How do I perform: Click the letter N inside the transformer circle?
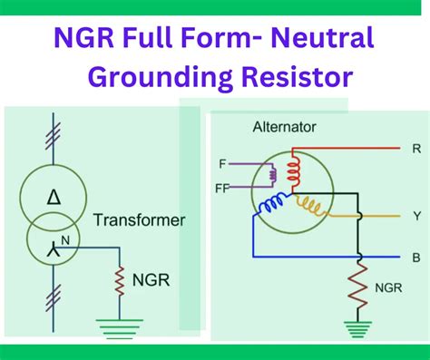click(63, 238)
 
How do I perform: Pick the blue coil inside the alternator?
click(273, 206)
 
